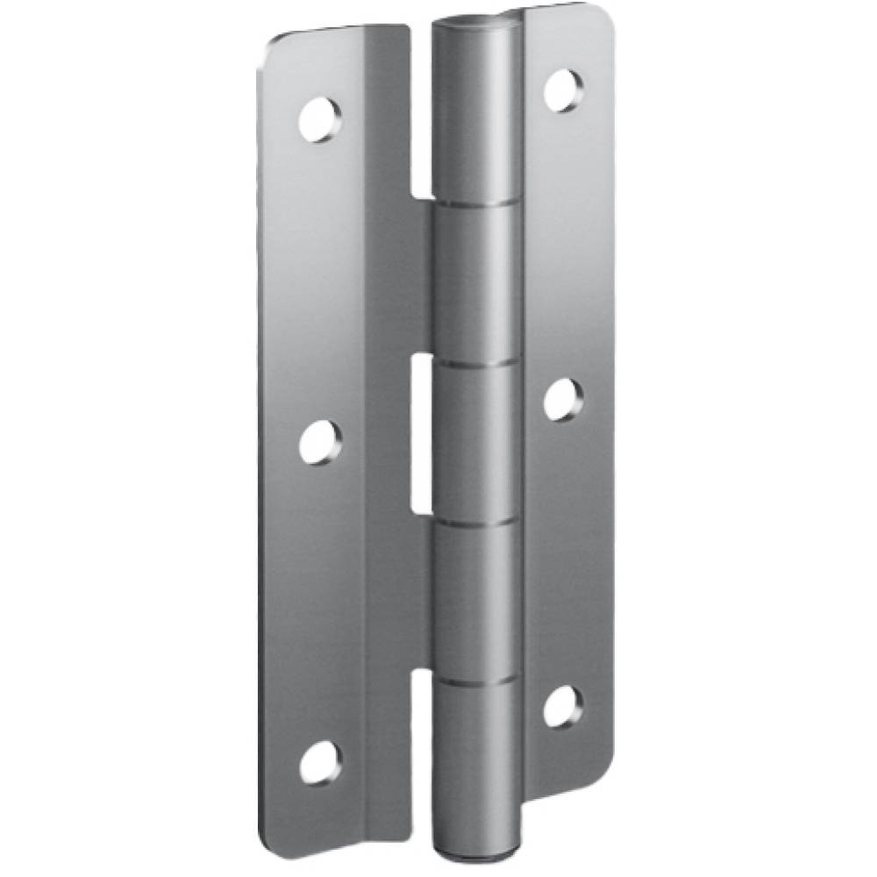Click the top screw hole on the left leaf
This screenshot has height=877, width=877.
[321, 120]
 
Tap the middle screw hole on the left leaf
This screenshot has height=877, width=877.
[321, 441]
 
